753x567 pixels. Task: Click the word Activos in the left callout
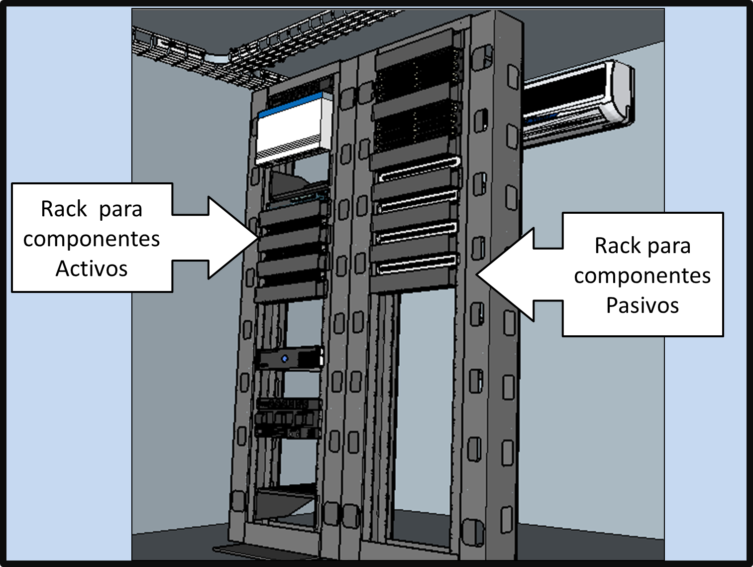(x=92, y=269)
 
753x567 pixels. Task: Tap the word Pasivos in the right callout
(x=642, y=305)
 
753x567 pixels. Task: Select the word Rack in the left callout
(x=64, y=209)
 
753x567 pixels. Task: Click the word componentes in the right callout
(x=642, y=276)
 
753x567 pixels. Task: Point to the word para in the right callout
(x=667, y=246)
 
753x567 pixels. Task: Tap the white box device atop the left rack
(x=294, y=130)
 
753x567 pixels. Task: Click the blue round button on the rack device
(x=285, y=359)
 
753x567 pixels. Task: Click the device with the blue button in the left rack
(x=289, y=358)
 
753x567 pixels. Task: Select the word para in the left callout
(x=120, y=209)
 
